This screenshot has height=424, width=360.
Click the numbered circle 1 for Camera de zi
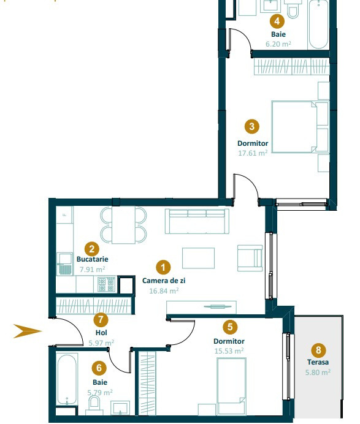coord(163,267)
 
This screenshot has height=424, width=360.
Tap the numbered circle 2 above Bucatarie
coord(92,249)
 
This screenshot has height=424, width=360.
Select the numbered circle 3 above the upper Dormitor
coord(251,127)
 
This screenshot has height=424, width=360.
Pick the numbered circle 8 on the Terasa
coord(318,350)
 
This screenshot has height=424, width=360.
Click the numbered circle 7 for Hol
coord(102,319)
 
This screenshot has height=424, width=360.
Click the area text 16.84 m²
coord(163,291)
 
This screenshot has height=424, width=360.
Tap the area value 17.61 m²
coord(252,153)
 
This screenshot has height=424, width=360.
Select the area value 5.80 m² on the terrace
coord(318,372)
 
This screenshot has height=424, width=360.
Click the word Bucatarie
coord(93,259)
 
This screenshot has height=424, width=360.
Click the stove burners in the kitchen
coord(106,284)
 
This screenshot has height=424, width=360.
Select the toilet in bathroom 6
coord(94,404)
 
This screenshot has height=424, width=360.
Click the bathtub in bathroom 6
coord(67,380)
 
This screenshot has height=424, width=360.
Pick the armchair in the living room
coord(249,257)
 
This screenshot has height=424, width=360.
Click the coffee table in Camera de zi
coord(198,258)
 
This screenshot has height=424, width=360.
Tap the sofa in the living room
coord(198,221)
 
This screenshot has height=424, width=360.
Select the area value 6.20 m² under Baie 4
coord(278,44)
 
